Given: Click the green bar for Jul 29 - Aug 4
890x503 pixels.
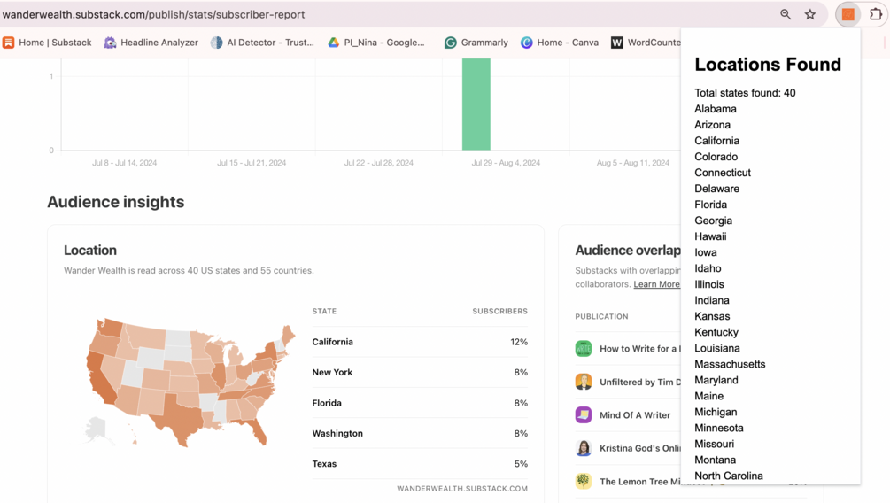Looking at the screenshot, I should [476, 104].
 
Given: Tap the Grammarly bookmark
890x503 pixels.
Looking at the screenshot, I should [476, 43].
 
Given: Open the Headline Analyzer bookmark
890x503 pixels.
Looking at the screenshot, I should [151, 43].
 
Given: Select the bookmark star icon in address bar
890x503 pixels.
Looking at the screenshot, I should [810, 14].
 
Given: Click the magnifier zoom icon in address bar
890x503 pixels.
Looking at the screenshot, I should [786, 14].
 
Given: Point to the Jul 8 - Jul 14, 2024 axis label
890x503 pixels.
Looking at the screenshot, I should [124, 163].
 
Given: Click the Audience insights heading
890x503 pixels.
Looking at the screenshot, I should [115, 202].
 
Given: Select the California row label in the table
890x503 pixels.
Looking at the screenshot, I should [332, 342].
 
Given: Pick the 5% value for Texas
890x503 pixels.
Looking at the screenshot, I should [521, 464].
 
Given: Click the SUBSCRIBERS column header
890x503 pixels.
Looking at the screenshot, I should [499, 312].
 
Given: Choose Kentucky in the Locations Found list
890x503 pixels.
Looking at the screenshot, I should [716, 332].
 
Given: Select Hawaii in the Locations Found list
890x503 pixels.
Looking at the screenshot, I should [710, 236].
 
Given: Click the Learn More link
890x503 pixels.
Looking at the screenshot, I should [656, 284].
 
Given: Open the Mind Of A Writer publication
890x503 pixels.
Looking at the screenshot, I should [634, 415].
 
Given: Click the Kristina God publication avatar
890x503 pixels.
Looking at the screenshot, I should [584, 448].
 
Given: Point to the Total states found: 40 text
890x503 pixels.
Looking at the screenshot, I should [745, 93].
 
